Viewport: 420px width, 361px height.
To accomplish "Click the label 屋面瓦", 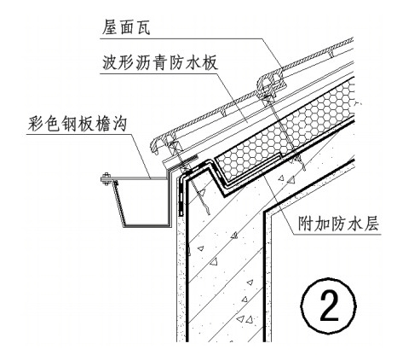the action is [x=126, y=27].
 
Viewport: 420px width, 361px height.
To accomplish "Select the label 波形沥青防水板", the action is [x=160, y=62].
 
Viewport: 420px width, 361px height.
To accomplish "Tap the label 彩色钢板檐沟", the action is [x=78, y=124].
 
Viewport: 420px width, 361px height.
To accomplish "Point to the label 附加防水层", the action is [x=338, y=224].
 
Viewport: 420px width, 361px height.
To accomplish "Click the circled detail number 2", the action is [x=329, y=306].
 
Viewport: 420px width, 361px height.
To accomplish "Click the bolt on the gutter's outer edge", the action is [x=106, y=178].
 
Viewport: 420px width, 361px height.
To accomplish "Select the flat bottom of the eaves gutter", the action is [x=147, y=226].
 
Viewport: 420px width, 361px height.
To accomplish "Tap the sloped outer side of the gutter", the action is [x=119, y=204].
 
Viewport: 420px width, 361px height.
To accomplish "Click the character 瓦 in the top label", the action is [x=142, y=27].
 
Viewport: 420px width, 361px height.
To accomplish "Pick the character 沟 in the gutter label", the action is [x=119, y=124].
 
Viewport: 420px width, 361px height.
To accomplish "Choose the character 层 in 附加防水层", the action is [x=371, y=224].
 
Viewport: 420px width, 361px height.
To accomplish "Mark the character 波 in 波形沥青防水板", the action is [x=110, y=62].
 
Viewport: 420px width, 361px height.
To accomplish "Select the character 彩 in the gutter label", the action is [x=36, y=124].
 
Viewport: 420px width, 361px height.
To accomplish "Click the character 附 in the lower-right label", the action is [x=306, y=224].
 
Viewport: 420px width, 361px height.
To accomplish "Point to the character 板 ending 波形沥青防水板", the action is [x=210, y=62].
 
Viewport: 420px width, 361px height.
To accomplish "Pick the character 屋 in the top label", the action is [x=110, y=27].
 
